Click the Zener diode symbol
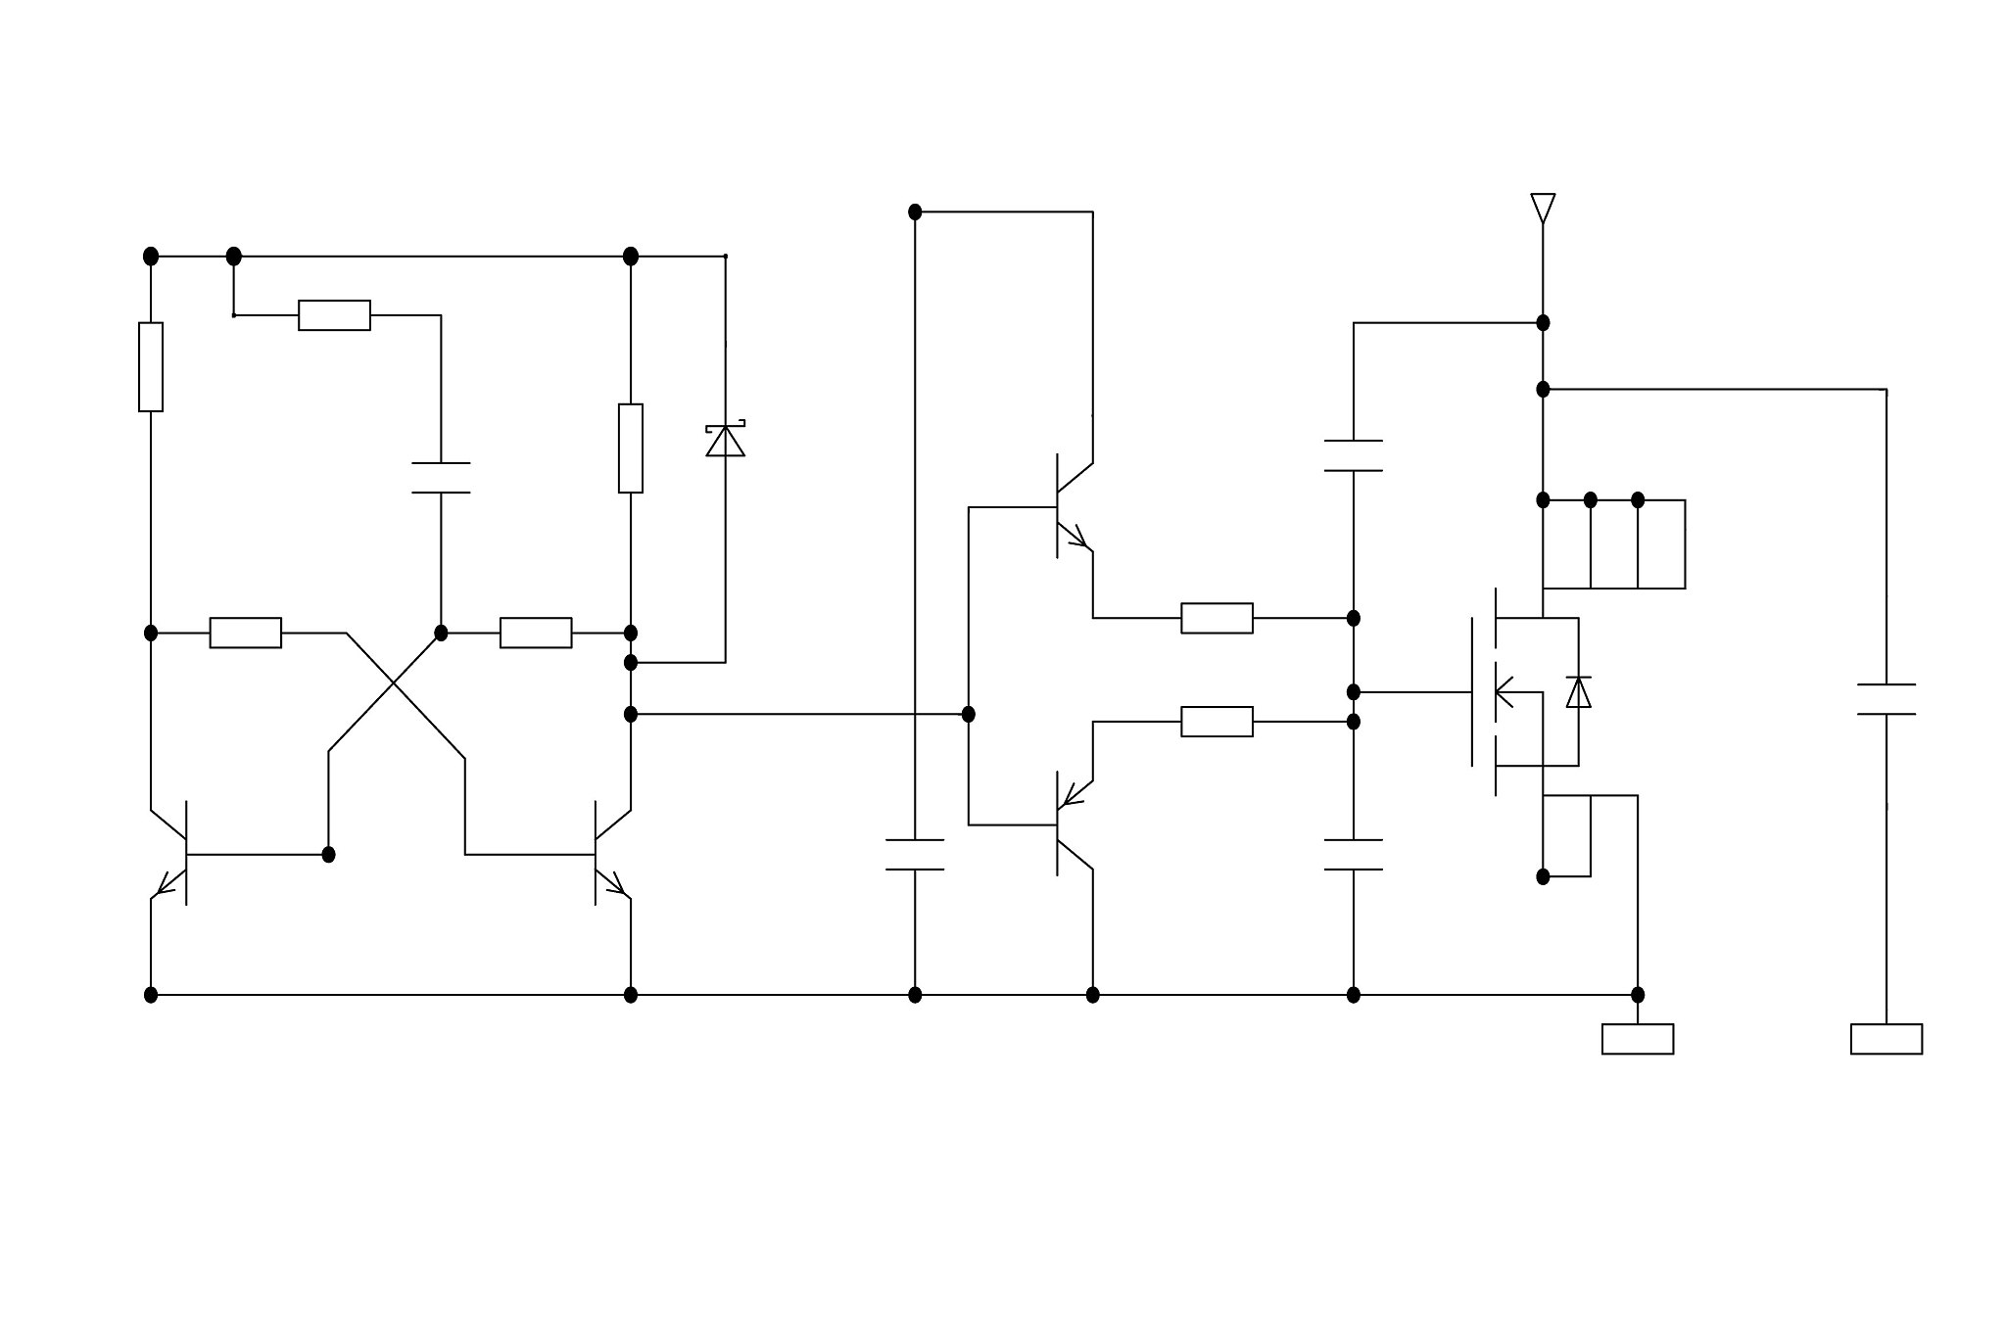click(725, 441)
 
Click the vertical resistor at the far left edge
click(151, 366)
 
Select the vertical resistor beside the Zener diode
click(631, 447)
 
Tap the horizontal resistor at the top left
click(334, 315)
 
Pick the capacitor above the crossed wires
click(441, 478)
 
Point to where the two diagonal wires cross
click(393, 683)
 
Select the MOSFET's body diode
click(1578, 692)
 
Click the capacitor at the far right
click(1886, 699)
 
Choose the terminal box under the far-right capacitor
click(1886, 1039)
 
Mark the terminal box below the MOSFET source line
click(1637, 1039)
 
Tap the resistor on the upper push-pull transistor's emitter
click(1217, 618)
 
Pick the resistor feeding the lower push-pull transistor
click(1217, 722)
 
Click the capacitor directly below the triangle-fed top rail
click(1353, 456)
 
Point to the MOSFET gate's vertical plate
click(1472, 692)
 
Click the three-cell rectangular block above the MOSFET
click(1613, 544)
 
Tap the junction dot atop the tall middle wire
click(915, 212)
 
